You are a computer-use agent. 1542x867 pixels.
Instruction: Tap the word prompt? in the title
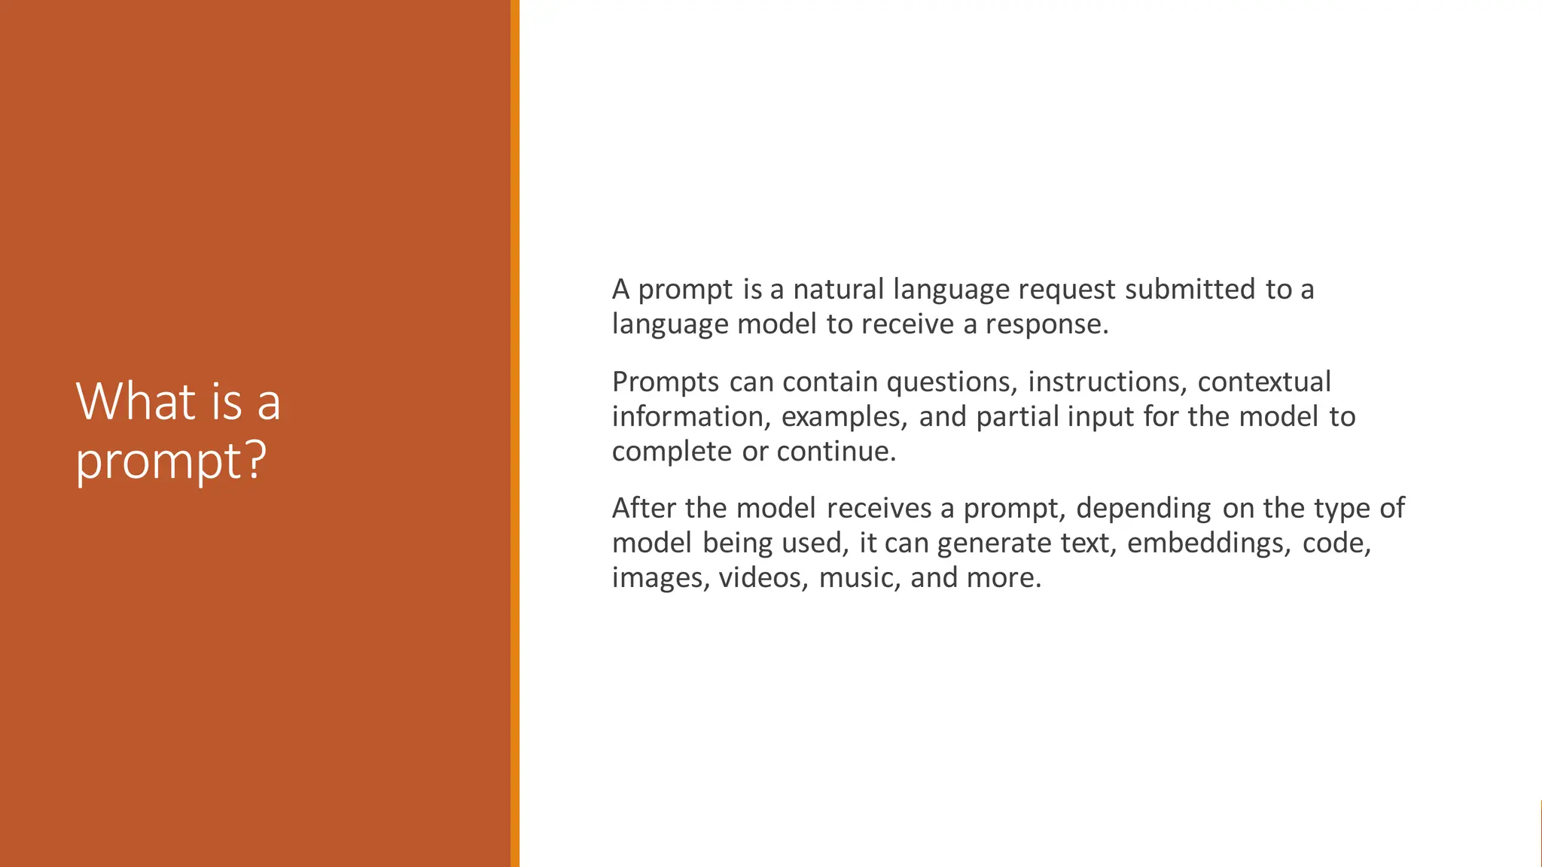[x=171, y=460]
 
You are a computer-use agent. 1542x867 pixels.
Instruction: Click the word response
[x=1047, y=324]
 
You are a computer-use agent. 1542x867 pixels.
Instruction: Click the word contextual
[x=1264, y=382]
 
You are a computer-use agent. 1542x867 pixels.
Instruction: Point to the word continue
[x=837, y=452]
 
